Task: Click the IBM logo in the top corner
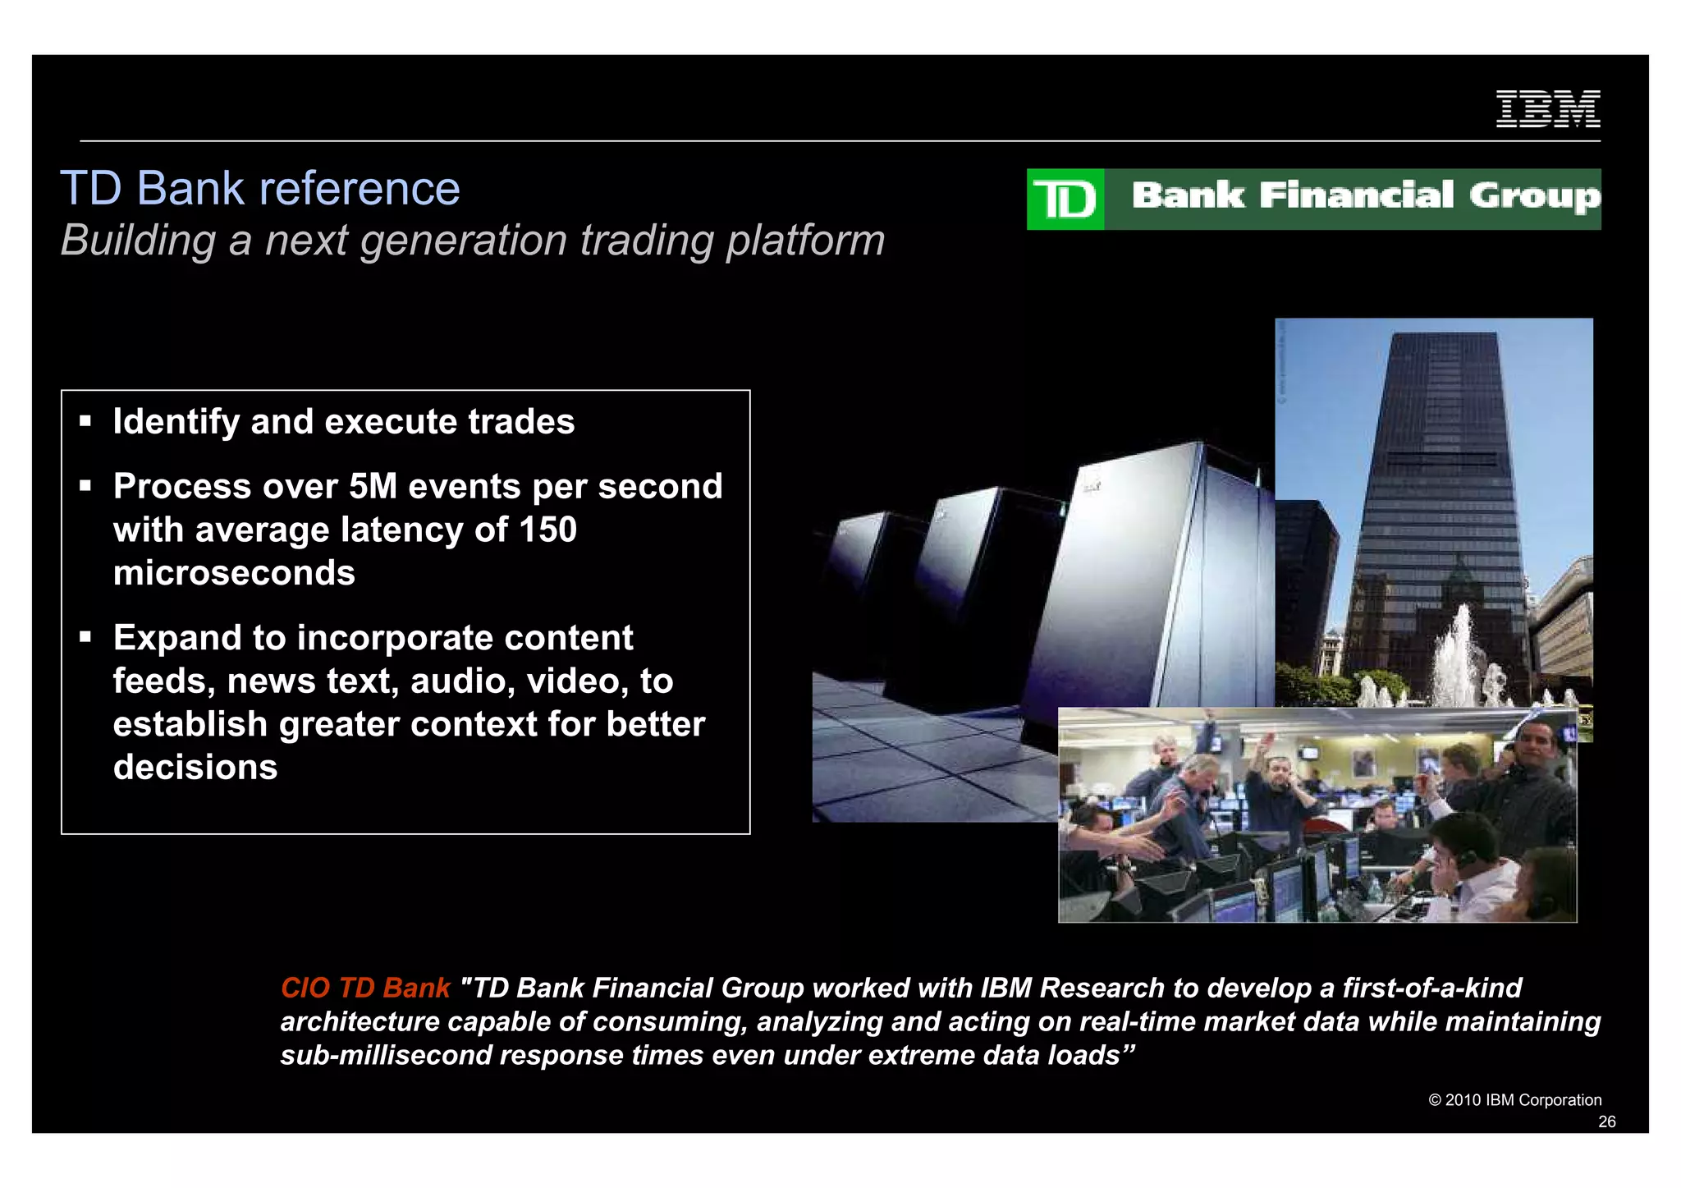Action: click(1548, 109)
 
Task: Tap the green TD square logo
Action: click(1065, 200)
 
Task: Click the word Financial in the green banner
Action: click(1356, 195)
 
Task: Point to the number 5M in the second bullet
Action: click(373, 486)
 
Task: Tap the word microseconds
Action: click(234, 573)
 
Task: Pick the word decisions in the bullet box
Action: click(195, 768)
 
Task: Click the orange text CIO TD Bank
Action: click(365, 988)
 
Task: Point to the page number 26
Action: click(1606, 1122)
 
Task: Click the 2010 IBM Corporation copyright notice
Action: click(1514, 1100)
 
